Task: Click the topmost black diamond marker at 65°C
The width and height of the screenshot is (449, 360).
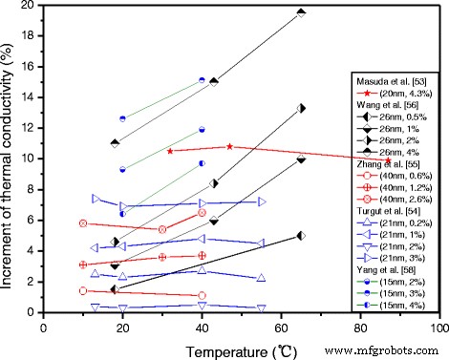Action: [x=301, y=12]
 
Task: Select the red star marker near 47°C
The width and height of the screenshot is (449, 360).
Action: [x=229, y=146]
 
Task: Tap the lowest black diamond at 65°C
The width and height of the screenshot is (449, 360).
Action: [x=301, y=235]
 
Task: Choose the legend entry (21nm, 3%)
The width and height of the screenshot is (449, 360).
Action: [x=399, y=258]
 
